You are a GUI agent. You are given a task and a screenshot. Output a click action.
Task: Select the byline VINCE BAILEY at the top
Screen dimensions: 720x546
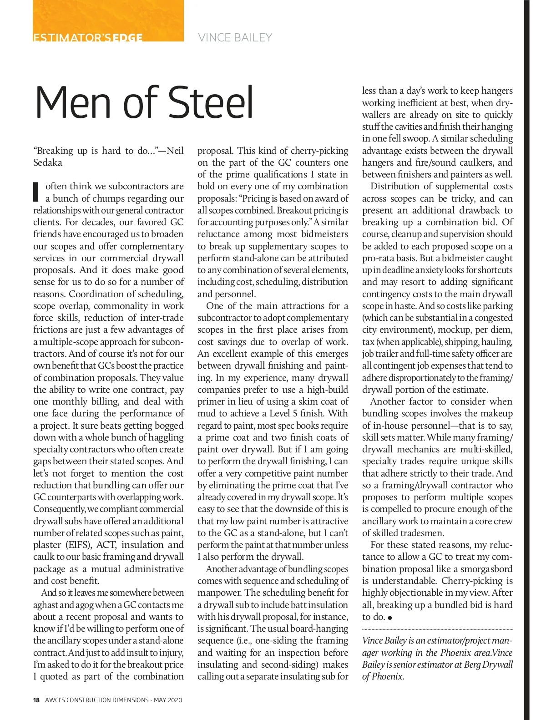(x=235, y=37)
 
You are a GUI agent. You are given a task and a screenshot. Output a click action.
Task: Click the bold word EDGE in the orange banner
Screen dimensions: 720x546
(x=128, y=38)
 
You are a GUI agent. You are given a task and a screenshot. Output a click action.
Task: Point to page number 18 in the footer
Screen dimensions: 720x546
(x=36, y=700)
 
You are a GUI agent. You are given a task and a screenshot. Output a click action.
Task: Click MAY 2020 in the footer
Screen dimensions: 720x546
(x=168, y=700)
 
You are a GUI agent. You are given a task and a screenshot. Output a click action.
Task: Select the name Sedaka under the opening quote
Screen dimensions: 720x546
(x=48, y=162)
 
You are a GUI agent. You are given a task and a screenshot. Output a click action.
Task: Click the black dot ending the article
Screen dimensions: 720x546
(x=390, y=618)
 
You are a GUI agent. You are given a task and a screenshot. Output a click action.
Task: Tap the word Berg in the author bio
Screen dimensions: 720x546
(x=465, y=664)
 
